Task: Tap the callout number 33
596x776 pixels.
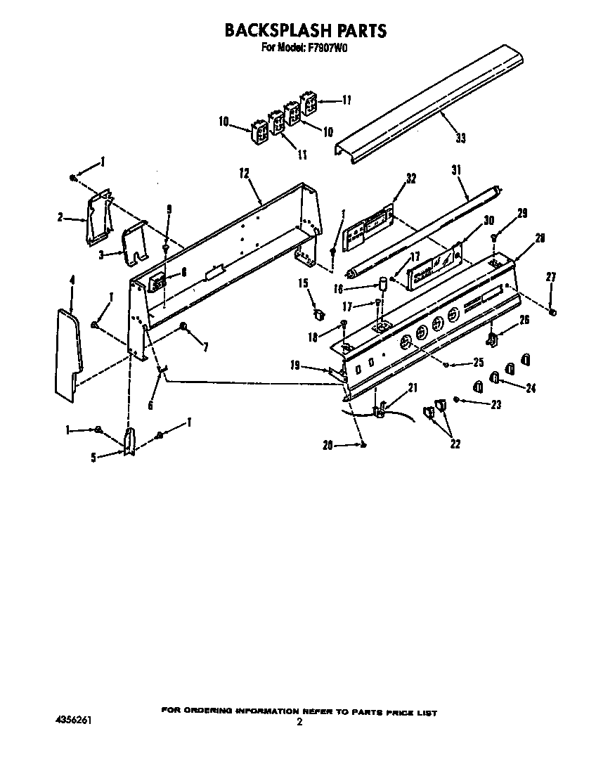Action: tap(460, 138)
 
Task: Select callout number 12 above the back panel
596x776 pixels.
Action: tap(245, 173)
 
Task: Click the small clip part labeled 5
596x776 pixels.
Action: tap(129, 442)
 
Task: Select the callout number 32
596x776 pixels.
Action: tap(411, 179)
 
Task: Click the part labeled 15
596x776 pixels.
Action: tap(318, 311)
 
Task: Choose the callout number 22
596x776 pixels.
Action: tap(455, 444)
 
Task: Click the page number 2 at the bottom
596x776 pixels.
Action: tap(299, 722)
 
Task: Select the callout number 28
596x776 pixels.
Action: tap(540, 238)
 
